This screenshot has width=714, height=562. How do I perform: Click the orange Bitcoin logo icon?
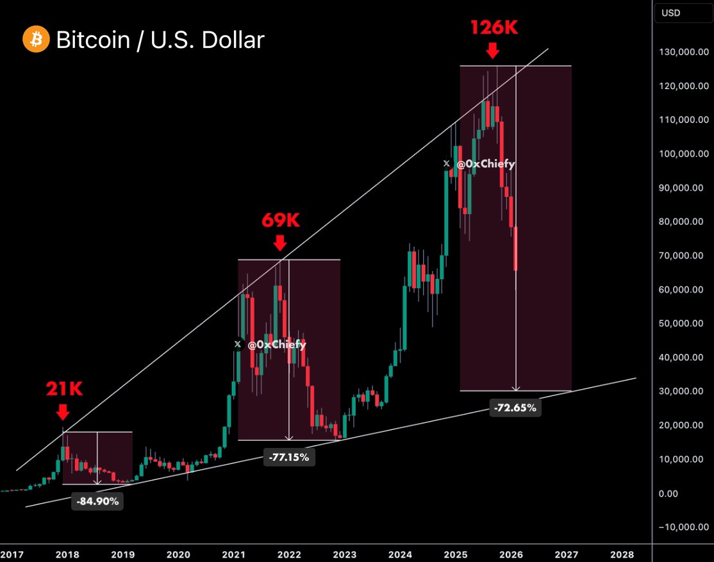[35, 40]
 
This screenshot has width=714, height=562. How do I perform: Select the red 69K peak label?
[280, 220]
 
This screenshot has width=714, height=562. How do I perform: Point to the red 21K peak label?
[64, 388]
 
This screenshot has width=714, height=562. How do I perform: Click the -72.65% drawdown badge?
[515, 407]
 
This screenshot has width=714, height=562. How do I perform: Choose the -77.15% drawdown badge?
[288, 457]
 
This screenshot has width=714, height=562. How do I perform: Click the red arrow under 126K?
[492, 51]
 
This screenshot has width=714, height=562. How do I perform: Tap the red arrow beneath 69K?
[279, 243]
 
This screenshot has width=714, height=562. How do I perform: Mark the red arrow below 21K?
[63, 410]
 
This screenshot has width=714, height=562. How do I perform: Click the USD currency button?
[672, 13]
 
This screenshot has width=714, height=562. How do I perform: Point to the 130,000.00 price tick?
[683, 53]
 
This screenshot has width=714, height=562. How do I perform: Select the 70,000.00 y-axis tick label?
[683, 256]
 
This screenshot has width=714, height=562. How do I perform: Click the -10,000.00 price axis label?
[681, 527]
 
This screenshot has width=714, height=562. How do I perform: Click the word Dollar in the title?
[233, 40]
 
